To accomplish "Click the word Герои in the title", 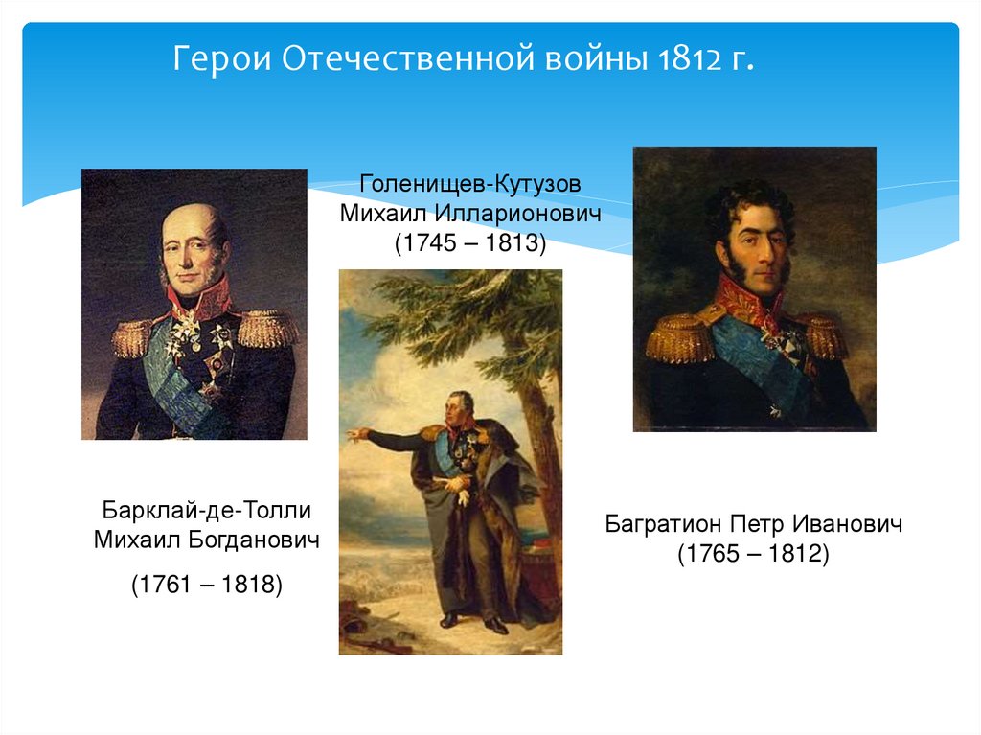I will (x=222, y=62).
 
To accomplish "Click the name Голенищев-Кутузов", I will (x=470, y=182).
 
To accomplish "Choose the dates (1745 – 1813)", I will (x=470, y=242).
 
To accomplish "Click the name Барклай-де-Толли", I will (x=207, y=510).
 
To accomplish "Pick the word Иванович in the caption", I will (x=851, y=524).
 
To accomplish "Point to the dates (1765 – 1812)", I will (x=753, y=554).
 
